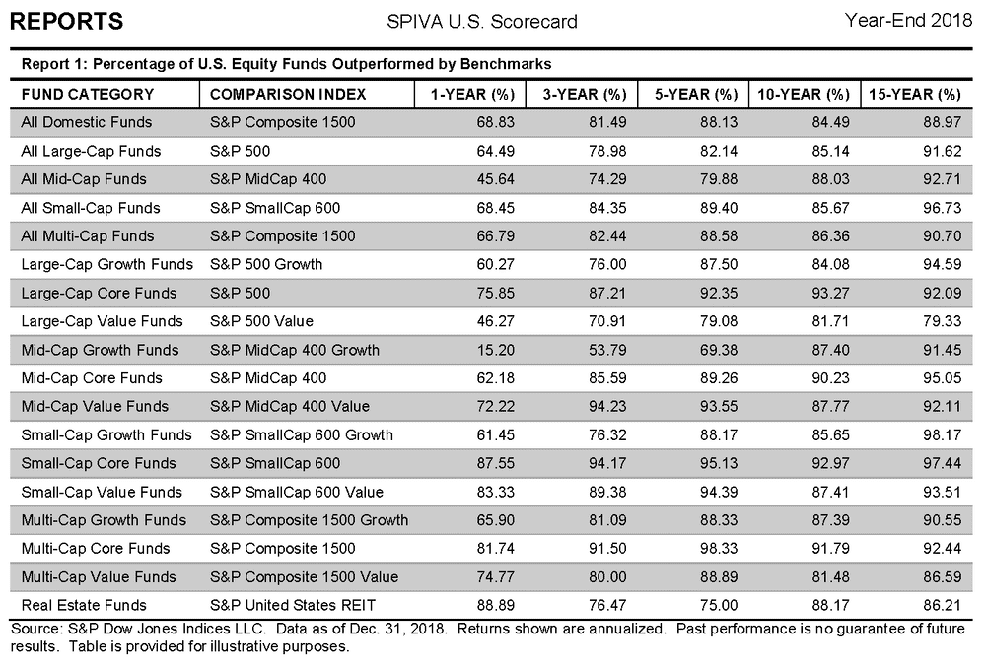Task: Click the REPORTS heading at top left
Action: [67, 21]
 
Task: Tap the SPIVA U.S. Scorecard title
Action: [482, 22]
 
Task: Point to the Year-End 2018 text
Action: [908, 20]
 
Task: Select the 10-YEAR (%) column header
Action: [804, 95]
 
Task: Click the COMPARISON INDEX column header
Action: [288, 95]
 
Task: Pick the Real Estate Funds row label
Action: [84, 605]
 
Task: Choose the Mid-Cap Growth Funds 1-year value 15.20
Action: [496, 350]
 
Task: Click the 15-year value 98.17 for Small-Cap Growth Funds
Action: [942, 434]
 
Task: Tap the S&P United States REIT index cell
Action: [293, 605]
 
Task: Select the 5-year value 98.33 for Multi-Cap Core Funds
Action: [719, 549]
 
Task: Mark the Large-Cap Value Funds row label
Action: [102, 321]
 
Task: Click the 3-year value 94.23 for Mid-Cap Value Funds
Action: [607, 407]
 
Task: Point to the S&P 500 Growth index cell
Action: [266, 264]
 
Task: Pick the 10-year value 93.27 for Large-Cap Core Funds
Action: [830, 293]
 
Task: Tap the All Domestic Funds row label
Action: [87, 122]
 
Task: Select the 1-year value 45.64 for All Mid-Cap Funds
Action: [496, 179]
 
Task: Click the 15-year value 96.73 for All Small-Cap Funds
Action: [942, 208]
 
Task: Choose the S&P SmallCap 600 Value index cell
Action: [297, 492]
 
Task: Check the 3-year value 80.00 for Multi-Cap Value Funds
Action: [607, 576]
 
